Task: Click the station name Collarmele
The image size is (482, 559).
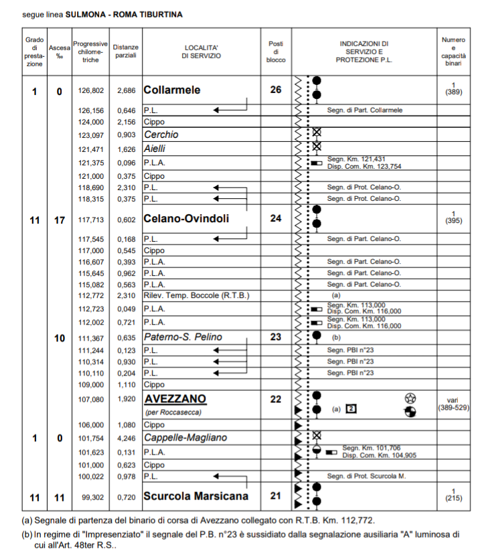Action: (172, 90)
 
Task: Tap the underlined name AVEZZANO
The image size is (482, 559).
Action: (175, 400)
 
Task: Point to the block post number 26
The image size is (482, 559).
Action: (275, 90)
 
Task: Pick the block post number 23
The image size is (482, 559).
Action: (275, 337)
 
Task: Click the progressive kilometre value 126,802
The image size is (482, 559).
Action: (91, 90)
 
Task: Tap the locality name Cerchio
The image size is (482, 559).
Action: (161, 135)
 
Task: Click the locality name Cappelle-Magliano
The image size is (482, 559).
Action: (185, 438)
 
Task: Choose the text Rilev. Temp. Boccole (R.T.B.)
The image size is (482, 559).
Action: (196, 295)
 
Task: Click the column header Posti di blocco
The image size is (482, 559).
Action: (276, 52)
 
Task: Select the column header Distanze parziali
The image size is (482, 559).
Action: (125, 52)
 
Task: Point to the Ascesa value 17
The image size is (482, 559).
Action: (60, 219)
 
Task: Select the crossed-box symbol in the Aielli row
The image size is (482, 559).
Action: (317, 146)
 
